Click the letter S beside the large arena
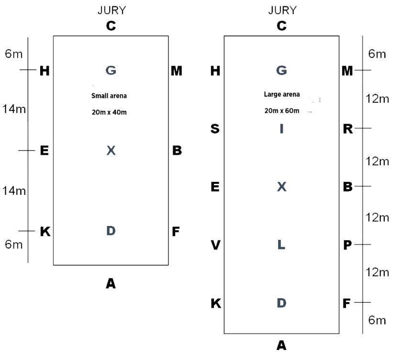pos(215,129)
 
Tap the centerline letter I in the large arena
pos(281,129)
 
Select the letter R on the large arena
pos(347,129)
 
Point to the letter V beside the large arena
pos(215,245)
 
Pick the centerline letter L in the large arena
pos(281,245)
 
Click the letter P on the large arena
pos(347,245)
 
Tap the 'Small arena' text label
pos(109,96)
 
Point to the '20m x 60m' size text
pos(282,111)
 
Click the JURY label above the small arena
pos(111,11)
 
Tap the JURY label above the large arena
pos(282,11)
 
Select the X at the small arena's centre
pos(111,151)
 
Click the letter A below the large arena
pos(282,345)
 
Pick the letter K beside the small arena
pos(45,232)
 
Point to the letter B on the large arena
pos(347,187)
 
